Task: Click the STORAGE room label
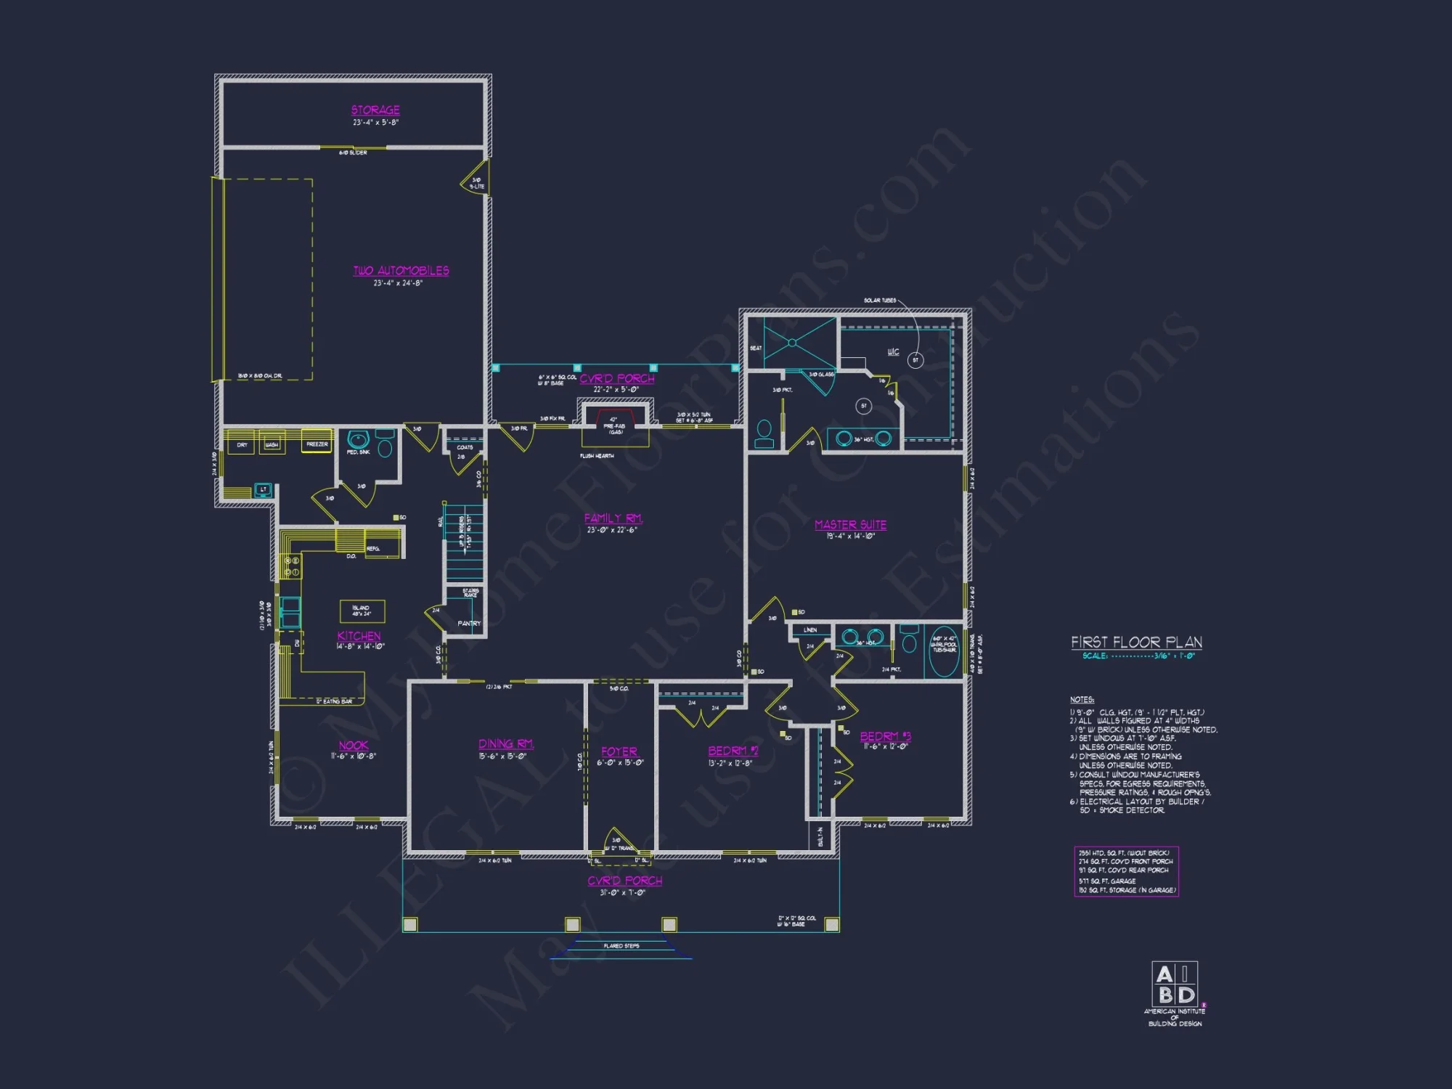click(x=375, y=110)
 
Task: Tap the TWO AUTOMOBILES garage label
click(x=401, y=271)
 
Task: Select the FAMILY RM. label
click(x=613, y=518)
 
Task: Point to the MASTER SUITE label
click(x=850, y=525)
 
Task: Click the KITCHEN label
click(x=359, y=636)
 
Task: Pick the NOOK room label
click(x=354, y=746)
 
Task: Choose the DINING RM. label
click(x=506, y=744)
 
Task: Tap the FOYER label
click(x=619, y=752)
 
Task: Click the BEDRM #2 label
click(x=733, y=751)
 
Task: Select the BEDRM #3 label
click(x=885, y=737)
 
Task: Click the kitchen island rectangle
click(x=362, y=611)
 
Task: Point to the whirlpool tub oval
click(x=944, y=651)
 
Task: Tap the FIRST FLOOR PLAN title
click(x=1136, y=643)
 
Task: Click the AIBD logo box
click(x=1175, y=984)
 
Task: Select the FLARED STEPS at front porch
click(x=621, y=947)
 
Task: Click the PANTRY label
click(x=469, y=624)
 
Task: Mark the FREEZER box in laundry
click(x=317, y=443)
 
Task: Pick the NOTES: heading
click(x=1082, y=700)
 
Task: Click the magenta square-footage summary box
click(x=1126, y=871)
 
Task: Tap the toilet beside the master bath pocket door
click(x=764, y=433)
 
